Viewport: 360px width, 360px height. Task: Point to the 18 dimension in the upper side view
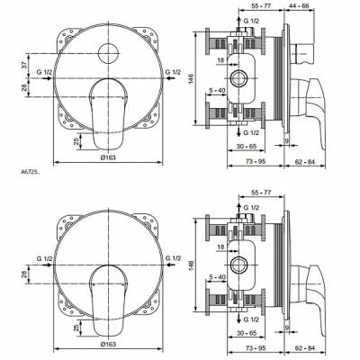click(x=222, y=60)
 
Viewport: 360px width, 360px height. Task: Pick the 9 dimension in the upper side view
click(x=285, y=140)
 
